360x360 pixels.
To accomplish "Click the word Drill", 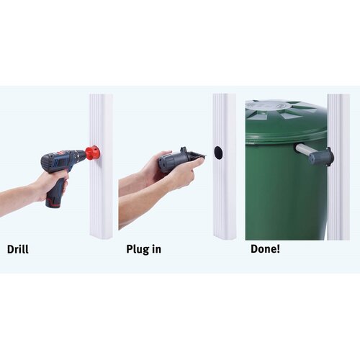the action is click(18, 249).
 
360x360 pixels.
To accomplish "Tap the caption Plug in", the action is click(143, 250).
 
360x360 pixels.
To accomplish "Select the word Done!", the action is click(265, 249).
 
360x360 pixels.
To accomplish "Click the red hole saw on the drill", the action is click(92, 152).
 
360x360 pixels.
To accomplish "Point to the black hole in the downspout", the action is click(218, 153).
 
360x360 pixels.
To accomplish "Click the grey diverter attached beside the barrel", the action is click(321, 156).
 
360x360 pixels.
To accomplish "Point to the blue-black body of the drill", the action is click(63, 160).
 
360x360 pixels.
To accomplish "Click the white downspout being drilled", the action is click(102, 166).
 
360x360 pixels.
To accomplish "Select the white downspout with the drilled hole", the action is click(225, 166).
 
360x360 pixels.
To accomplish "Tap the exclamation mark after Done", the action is click(278, 249).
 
